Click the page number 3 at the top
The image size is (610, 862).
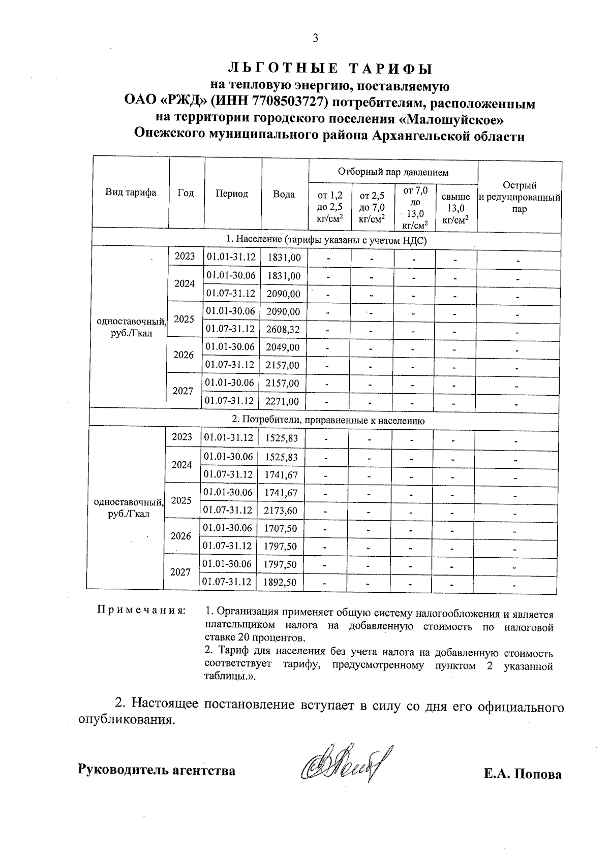click(x=315, y=38)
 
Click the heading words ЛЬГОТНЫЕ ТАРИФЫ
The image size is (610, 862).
click(x=330, y=68)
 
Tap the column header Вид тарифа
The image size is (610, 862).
click(x=131, y=193)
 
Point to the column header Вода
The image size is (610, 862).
click(x=284, y=195)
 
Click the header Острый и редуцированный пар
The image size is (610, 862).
click(x=519, y=197)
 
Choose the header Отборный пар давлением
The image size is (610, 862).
click(x=393, y=172)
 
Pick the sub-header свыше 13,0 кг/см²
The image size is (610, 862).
click(x=455, y=208)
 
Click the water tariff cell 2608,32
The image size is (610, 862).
click(x=283, y=329)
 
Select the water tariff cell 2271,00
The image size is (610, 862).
click(x=283, y=401)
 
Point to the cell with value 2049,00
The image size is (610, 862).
click(x=283, y=347)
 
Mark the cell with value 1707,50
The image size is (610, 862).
click(x=281, y=528)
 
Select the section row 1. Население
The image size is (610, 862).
click(x=326, y=240)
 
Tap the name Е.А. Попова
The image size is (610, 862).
click(x=523, y=774)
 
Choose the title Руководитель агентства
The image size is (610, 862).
click(x=157, y=770)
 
